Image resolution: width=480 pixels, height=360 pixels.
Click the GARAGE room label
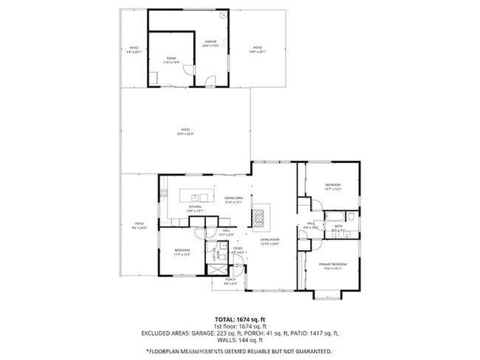(210, 43)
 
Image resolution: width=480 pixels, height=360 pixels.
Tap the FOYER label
(237, 249)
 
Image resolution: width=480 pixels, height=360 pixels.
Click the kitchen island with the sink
(197, 197)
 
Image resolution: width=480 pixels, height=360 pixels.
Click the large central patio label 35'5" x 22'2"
(185, 131)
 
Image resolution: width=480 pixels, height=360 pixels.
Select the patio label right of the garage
(257, 49)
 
